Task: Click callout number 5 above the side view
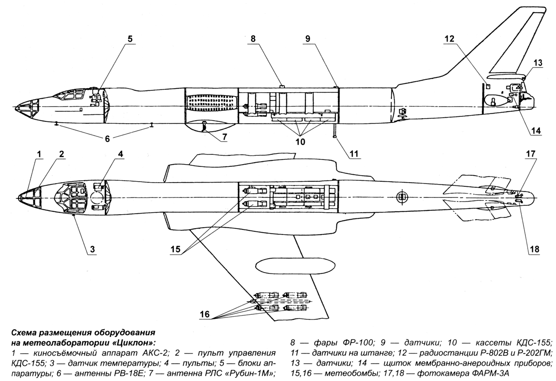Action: [x=130, y=39]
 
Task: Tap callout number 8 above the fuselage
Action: [x=253, y=39]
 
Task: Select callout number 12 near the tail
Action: [x=449, y=39]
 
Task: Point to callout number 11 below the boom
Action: [x=354, y=154]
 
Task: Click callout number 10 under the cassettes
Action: [x=300, y=142]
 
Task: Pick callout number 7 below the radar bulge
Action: [x=224, y=137]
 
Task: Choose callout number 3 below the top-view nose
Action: [x=92, y=249]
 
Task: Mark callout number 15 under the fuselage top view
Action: [x=175, y=249]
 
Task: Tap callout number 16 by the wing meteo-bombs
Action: [x=205, y=314]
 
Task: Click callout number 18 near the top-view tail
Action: [x=534, y=249]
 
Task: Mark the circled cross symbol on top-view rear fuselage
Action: [x=401, y=197]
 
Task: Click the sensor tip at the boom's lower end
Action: [x=335, y=136]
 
